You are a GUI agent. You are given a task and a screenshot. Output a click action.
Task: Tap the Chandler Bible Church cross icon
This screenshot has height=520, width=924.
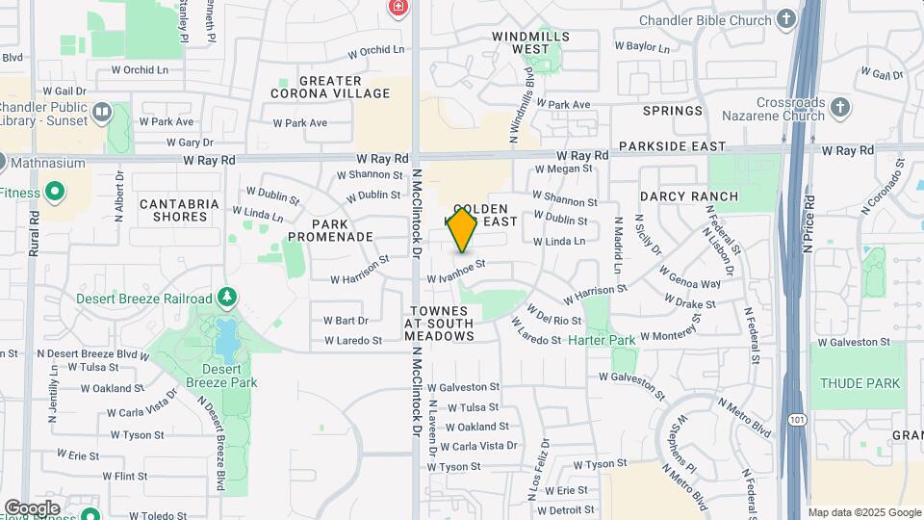coord(786,19)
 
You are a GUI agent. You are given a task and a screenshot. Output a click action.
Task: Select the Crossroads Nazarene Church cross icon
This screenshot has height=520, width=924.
coord(840,106)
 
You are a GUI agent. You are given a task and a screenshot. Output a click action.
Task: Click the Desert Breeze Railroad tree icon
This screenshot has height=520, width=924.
coord(227,298)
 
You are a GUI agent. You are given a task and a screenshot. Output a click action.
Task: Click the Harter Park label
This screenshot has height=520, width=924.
coord(601,340)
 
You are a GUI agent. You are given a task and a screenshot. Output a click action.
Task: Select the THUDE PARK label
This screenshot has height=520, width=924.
coord(860,383)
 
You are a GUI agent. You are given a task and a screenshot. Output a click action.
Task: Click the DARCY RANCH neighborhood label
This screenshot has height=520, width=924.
coord(688,196)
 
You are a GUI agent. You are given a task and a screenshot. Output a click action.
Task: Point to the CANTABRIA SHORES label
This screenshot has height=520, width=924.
coord(179,210)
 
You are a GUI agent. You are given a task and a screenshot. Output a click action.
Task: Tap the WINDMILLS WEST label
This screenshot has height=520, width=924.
coord(530,42)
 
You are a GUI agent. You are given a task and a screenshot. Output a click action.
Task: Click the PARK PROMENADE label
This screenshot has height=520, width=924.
coord(330,229)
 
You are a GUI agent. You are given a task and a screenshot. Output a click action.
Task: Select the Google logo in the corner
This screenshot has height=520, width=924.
coord(32,507)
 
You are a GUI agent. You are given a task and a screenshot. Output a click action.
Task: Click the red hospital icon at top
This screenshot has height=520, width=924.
coord(397,8)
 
